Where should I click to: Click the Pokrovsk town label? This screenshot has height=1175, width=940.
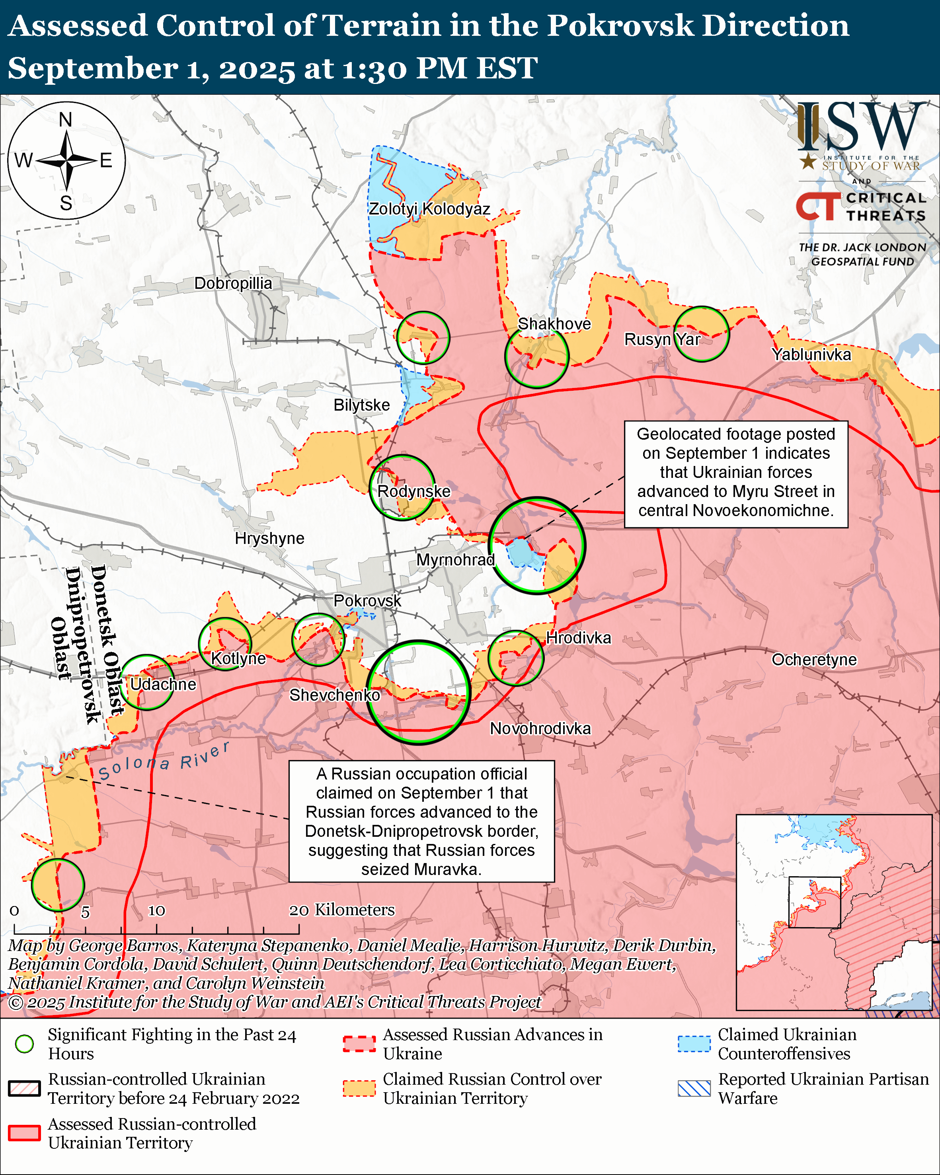(x=367, y=600)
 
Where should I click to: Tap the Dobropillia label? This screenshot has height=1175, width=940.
(x=233, y=283)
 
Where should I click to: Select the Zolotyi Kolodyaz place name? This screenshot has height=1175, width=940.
(x=429, y=209)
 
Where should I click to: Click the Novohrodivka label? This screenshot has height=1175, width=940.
(x=540, y=729)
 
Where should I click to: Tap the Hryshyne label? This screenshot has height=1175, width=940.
(x=269, y=538)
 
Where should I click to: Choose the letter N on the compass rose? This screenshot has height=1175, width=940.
(x=65, y=119)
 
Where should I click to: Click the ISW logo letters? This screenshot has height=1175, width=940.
(x=861, y=127)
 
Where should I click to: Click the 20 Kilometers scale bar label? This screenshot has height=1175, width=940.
(x=342, y=910)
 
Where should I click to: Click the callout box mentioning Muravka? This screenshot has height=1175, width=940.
(x=421, y=821)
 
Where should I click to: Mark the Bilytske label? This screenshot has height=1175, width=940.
(x=361, y=405)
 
